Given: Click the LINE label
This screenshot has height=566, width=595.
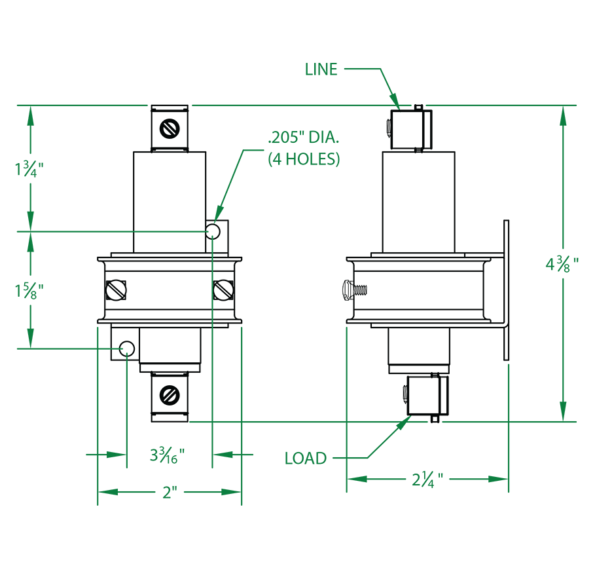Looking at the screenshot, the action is point(321,69).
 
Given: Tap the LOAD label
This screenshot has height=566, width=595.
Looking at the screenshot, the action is point(306,459).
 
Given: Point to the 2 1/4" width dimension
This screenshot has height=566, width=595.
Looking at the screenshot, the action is point(427,480).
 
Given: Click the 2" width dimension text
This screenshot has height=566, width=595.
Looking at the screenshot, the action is point(170,493).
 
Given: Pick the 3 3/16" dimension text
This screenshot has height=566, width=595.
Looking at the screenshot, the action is point(168,455).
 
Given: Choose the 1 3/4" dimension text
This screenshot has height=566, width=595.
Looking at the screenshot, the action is point(29,169).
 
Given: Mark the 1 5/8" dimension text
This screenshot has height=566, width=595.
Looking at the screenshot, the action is point(29,291).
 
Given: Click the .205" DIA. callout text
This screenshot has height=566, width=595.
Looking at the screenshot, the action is point(304,138).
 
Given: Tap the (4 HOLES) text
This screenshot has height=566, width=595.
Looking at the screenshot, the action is point(304,159).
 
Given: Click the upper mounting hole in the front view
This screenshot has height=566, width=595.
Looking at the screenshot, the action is point(213,231).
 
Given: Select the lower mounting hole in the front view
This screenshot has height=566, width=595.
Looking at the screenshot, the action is point(127,349).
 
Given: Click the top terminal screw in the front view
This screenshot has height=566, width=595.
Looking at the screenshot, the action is point(170,128).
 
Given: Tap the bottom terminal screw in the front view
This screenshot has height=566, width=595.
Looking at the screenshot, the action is point(170,396).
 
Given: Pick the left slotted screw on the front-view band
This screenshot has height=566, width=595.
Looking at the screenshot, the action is point(116,290).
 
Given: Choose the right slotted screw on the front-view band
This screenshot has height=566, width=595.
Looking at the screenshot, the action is point(223,290).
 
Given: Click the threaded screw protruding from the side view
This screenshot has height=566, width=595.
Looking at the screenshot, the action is point(354,290).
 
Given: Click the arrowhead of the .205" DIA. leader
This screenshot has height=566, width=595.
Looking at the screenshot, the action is point(218,214).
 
